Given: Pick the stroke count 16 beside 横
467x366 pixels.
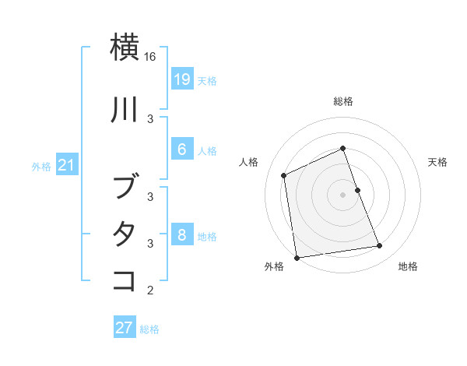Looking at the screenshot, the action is (150, 57).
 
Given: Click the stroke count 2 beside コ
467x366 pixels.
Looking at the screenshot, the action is (150, 290).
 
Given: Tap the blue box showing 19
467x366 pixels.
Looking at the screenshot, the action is (181, 79).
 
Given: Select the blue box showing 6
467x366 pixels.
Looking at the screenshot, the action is (181, 150).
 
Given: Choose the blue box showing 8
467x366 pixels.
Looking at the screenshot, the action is (181, 235).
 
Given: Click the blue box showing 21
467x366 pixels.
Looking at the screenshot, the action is (66, 165).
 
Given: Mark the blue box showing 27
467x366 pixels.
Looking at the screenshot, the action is (124, 328).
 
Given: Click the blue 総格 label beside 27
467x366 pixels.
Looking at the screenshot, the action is (149, 329).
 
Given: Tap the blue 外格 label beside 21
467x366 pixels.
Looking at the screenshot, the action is (41, 166).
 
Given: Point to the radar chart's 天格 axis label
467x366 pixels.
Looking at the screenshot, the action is (437, 162).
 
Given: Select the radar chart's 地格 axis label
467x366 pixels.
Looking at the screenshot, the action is (408, 266).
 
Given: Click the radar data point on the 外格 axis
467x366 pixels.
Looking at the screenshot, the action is (297, 258).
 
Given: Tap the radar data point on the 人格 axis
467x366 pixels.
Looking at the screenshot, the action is (284, 175).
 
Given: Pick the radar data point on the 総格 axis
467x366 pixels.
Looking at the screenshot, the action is (342, 148).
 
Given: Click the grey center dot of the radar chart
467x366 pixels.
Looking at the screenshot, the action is (342, 195).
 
